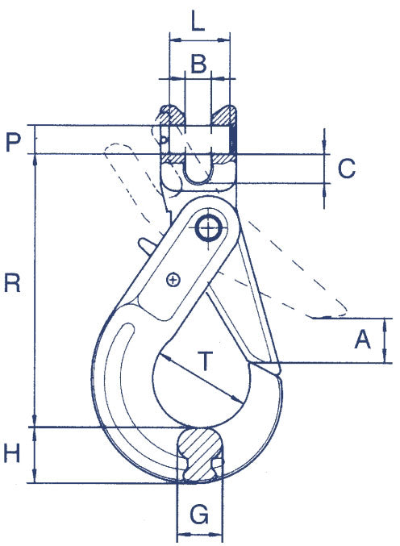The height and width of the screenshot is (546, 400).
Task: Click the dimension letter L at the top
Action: [x=199, y=20]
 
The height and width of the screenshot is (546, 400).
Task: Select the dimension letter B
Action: [x=198, y=62]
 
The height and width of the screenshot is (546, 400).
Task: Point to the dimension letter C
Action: [x=346, y=169]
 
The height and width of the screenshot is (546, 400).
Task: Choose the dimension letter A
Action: [x=362, y=341]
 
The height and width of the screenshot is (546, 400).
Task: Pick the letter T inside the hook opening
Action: [x=207, y=362]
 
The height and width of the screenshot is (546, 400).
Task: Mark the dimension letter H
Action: [x=12, y=455]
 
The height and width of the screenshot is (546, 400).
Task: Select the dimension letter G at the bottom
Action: [x=198, y=512]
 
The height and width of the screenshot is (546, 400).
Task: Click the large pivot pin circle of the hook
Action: [x=209, y=228]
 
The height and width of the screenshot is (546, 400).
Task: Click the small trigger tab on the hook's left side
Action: [x=144, y=243]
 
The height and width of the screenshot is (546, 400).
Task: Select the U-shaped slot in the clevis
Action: [x=198, y=169]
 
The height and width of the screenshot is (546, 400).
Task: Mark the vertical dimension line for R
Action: [x=34, y=290]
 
